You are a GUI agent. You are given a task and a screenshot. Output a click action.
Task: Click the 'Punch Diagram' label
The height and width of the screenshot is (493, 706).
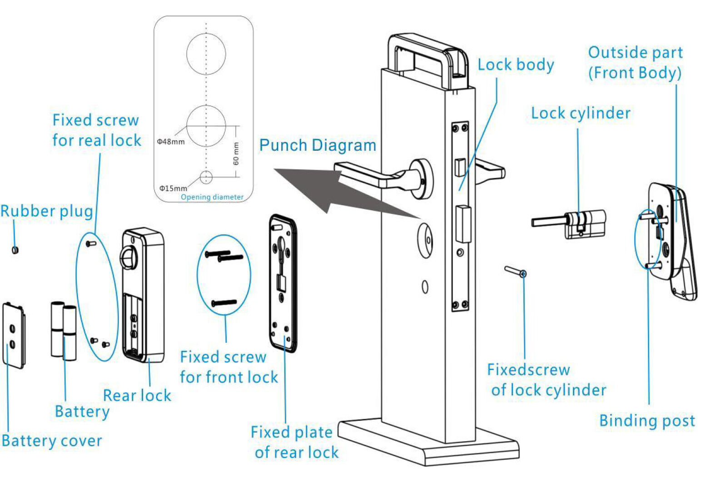[318, 146]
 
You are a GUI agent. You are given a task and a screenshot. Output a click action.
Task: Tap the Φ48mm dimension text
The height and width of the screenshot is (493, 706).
[171, 142]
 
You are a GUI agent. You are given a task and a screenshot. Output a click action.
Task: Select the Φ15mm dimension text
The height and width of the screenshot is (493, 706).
[173, 188]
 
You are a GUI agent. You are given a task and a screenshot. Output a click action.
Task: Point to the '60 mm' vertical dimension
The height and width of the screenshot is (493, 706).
[236, 153]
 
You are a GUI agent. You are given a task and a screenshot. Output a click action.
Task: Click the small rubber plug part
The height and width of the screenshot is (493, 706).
[15, 249]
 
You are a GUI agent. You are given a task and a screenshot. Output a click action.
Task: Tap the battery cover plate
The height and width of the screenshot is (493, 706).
[13, 335]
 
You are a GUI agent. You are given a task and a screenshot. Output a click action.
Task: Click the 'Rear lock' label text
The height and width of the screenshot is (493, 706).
[137, 395]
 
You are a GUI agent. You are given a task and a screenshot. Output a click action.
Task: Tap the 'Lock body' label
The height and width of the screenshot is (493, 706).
[516, 65]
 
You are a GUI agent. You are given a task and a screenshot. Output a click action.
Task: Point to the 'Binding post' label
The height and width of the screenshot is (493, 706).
[647, 421]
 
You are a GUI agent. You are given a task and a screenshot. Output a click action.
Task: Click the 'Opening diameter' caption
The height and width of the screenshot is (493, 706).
[212, 197]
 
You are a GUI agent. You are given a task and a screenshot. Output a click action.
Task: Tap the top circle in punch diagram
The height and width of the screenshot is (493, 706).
[206, 53]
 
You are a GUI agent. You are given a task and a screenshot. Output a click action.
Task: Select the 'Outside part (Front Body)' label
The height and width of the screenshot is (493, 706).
[635, 63]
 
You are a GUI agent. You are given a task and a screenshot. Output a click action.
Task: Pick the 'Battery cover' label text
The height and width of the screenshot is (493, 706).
[52, 441]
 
